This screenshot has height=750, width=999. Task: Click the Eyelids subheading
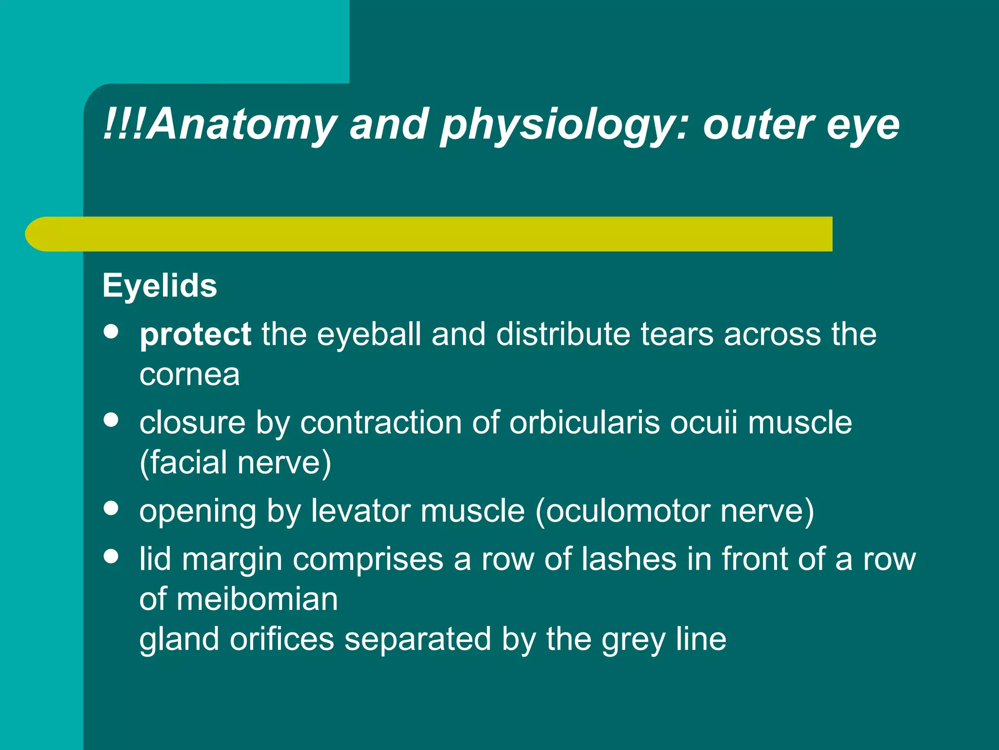[160, 286]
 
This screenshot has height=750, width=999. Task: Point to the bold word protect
[195, 335]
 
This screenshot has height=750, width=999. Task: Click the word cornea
[190, 375]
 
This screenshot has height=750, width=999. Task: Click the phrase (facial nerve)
[235, 462]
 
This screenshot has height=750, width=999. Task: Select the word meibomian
[257, 599]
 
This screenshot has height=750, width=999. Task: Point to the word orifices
[282, 639]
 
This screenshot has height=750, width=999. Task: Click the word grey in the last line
[633, 639]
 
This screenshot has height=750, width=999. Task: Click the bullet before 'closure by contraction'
[111, 420]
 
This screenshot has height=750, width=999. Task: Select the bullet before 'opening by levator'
[111, 508]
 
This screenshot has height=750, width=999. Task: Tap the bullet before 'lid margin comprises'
[111, 556]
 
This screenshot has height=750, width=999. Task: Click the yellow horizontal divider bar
[429, 234]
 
